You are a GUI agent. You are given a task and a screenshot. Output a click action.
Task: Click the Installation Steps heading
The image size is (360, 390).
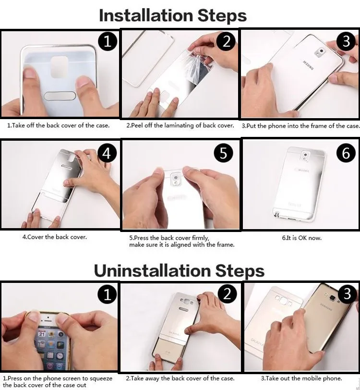pyautogui.click(x=173, y=16)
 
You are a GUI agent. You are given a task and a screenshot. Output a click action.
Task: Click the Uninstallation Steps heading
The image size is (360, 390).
pyautogui.click(x=179, y=270)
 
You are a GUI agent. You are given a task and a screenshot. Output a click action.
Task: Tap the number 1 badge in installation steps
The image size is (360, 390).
pyautogui.click(x=108, y=41)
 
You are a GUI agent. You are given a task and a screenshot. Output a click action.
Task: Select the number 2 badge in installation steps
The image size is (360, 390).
pyautogui.click(x=226, y=41)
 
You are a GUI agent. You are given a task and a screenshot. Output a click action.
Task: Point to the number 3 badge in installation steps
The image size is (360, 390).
pyautogui.click(x=346, y=41)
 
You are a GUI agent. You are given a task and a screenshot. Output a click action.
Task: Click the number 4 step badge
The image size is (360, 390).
pyautogui.click(x=107, y=153)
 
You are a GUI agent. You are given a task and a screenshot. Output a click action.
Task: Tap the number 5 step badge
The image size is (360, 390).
pyautogui.click(x=224, y=152)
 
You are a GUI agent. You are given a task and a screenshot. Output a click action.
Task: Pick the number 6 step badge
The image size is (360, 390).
pyautogui.click(x=346, y=152)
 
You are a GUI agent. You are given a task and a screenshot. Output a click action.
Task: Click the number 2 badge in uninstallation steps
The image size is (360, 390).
pyautogui.click(x=227, y=294)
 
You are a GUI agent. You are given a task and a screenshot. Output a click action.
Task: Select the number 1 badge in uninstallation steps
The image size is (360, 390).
pyautogui.click(x=108, y=294)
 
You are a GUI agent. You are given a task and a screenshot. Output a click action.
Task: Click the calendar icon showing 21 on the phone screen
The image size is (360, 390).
pyautogui.click(x=42, y=334)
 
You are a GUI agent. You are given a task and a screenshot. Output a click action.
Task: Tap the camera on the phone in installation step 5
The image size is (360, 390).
pyautogui.click(x=176, y=178)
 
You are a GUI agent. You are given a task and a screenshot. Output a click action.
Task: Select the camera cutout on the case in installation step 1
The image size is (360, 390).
pyautogui.click(x=59, y=67)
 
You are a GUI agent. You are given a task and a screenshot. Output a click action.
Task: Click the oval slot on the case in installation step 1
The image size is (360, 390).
pyautogui.click(x=60, y=96)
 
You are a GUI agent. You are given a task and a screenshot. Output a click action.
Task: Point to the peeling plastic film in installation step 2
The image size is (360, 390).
pyautogui.click(x=198, y=65)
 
